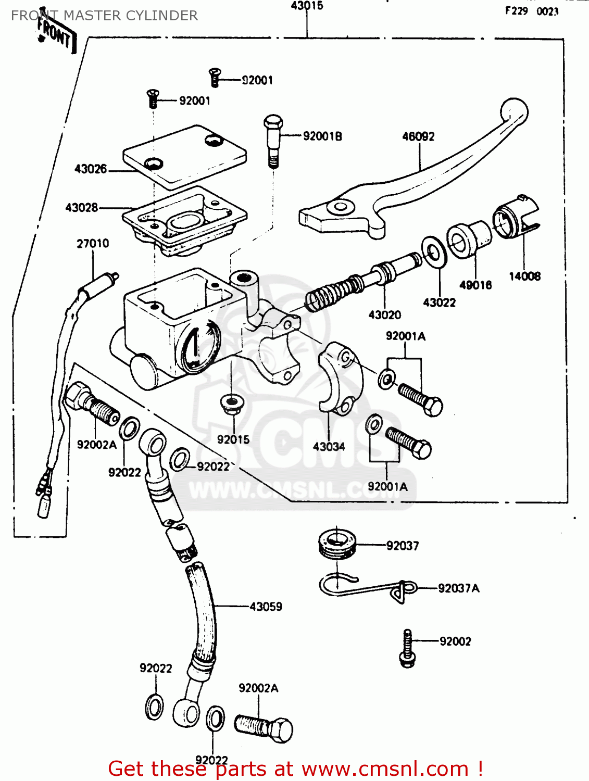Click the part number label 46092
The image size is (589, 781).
click(418, 136)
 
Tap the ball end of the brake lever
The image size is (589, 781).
click(514, 112)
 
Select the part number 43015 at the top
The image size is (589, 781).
click(307, 6)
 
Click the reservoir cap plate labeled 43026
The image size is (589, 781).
click(184, 155)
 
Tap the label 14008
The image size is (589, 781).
click(524, 276)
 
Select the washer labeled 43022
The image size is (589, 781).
click(433, 253)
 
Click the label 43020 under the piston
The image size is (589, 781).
click(384, 315)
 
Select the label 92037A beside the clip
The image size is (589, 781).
click(458, 588)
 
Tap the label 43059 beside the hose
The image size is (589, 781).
click(266, 607)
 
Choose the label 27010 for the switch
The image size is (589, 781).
click(93, 244)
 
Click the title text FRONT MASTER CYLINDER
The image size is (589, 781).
click(104, 16)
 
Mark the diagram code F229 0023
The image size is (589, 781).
click(531, 11)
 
